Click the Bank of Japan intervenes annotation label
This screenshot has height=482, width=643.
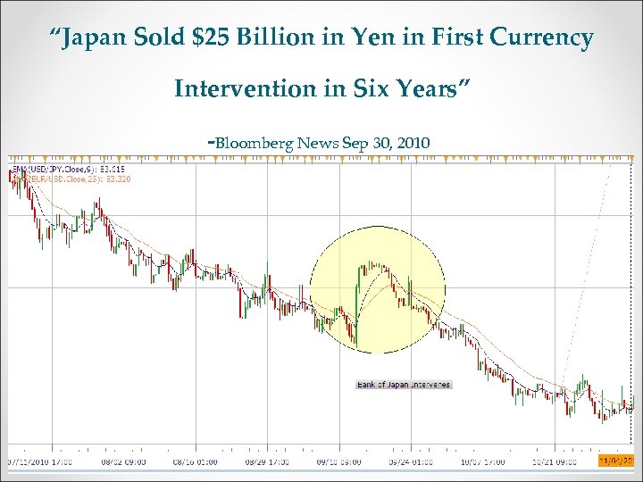pyautogui.click(x=404, y=385)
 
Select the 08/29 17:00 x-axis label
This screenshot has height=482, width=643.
pyautogui.click(x=267, y=461)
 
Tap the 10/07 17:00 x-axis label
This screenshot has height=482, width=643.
pyautogui.click(x=483, y=461)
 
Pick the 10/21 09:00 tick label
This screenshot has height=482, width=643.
pyautogui.click(x=555, y=461)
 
